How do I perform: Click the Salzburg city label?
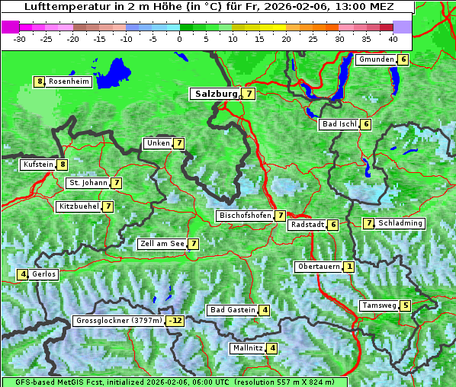click(217, 94)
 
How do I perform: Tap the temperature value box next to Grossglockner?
click(176, 321)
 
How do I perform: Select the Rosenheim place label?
click(69, 82)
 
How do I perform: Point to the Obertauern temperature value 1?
click(348, 267)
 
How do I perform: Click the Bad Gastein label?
click(233, 310)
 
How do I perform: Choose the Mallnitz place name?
click(247, 348)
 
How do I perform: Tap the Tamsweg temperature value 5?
click(405, 305)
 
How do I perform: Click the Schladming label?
click(400, 223)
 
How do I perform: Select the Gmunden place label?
click(376, 59)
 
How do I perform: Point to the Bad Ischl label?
click(339, 124)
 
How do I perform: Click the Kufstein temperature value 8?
click(63, 164)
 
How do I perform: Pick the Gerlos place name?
click(44, 274)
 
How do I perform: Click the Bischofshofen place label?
click(245, 216)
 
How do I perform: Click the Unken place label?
click(158, 143)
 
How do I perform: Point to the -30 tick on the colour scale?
click(20, 39)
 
